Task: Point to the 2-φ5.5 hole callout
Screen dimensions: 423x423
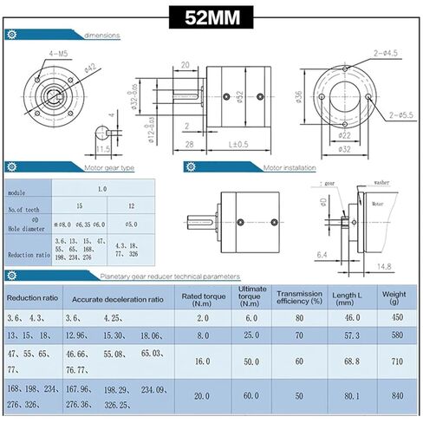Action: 399,114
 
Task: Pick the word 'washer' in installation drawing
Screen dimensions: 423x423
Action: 382,184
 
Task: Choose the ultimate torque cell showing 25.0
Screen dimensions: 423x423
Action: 251,335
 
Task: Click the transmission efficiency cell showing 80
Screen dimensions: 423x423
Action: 298,317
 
